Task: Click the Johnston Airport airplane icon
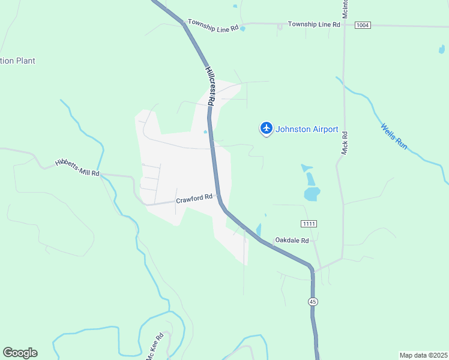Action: [267, 128]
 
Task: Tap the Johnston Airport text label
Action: [307, 129]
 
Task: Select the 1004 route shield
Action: [363, 25]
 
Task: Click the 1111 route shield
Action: [309, 224]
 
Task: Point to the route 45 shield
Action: [313, 301]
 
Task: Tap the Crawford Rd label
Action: [194, 197]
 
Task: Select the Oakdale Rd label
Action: [292, 240]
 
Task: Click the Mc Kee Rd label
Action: [155, 346]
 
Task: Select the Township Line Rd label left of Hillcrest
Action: [213, 24]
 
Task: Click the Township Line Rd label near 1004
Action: [314, 25]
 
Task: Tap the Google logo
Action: [20, 353]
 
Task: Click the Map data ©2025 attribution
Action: [424, 355]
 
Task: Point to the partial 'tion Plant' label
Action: [18, 61]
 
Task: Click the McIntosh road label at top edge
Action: [345, 7]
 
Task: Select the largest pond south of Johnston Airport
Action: [312, 194]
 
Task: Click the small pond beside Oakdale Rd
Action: [259, 230]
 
